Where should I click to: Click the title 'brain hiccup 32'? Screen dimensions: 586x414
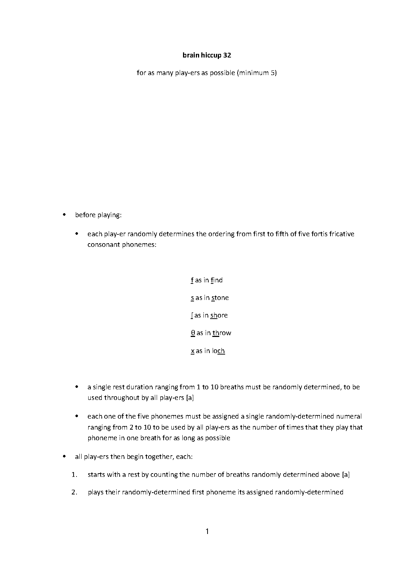(207, 55)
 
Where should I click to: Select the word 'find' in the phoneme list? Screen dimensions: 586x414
(217, 280)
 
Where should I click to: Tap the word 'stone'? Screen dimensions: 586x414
(220, 298)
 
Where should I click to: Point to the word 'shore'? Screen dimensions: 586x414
(219, 315)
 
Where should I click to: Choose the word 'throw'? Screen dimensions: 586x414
(222, 333)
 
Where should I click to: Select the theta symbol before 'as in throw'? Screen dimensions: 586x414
(193, 333)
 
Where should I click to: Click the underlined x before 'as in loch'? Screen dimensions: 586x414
(193, 351)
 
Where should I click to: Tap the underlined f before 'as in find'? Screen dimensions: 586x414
(192, 280)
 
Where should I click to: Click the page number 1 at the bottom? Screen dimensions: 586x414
(207, 531)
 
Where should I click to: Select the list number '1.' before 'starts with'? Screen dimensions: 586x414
(75, 475)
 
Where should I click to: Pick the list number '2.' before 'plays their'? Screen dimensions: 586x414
(75, 492)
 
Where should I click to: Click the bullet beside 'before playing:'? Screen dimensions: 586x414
(64, 215)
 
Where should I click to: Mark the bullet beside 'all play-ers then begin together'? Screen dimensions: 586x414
(64, 457)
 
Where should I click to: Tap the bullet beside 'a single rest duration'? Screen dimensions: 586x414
(77, 387)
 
